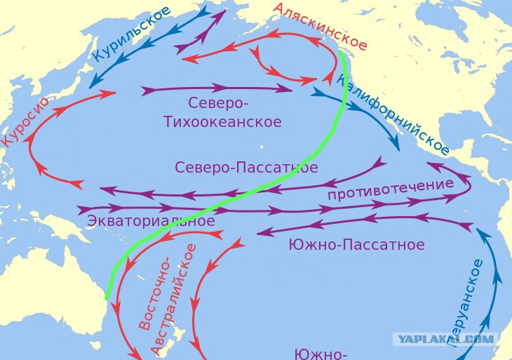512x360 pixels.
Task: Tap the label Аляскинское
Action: pyautogui.click(x=320, y=26)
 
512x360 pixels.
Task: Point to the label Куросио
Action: pyautogui.click(x=25, y=121)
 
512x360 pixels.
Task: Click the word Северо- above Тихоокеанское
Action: pyautogui.click(x=218, y=103)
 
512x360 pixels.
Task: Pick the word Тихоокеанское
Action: pyautogui.click(x=222, y=122)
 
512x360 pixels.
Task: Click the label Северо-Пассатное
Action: pyautogui.click(x=246, y=168)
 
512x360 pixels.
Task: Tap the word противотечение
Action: pyautogui.click(x=391, y=189)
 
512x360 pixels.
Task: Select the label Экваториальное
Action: pyautogui.click(x=150, y=220)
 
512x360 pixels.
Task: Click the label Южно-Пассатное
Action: pyautogui.click(x=356, y=245)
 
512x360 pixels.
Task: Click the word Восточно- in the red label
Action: pyautogui.click(x=156, y=293)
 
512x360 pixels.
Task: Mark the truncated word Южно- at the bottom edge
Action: pyautogui.click(x=321, y=353)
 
